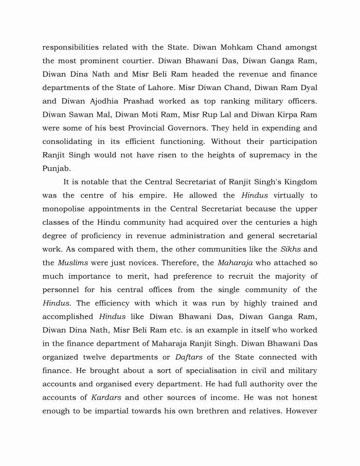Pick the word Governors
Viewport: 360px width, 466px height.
(220, 128)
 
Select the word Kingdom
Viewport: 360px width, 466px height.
(297, 182)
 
